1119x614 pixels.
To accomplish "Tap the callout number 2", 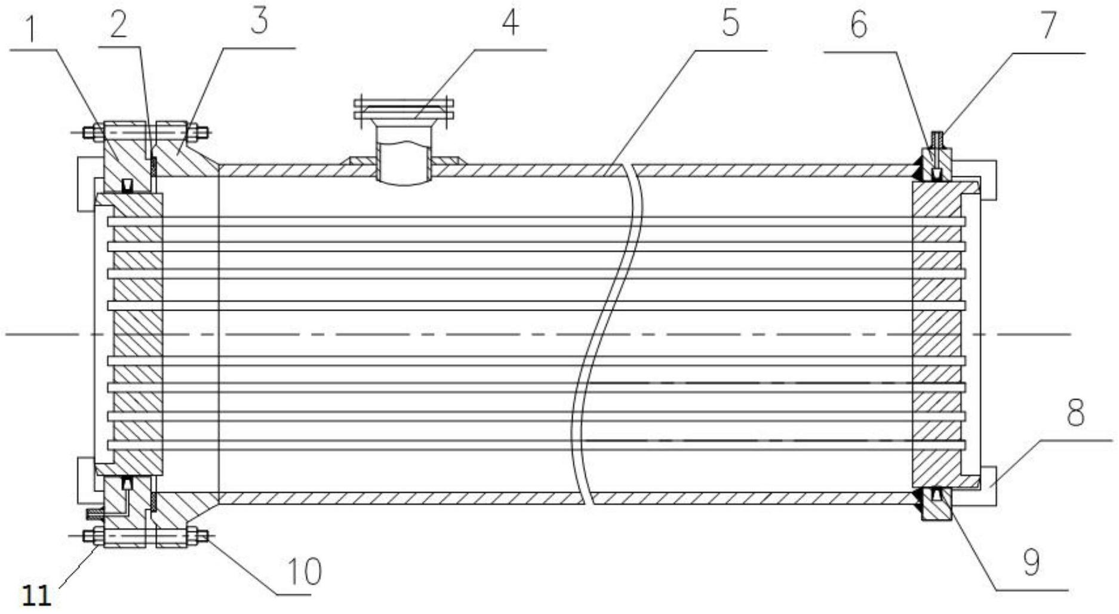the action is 118,26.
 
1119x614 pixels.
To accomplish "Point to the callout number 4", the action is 509,23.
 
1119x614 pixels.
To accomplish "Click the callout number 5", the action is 730,23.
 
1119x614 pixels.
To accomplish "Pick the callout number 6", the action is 858,26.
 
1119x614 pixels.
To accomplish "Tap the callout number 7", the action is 1049,26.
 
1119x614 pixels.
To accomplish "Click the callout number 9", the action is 1031,562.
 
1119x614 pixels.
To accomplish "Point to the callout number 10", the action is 305,571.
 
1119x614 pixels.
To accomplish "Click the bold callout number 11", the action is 36,595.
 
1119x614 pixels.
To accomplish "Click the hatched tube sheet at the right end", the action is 936,334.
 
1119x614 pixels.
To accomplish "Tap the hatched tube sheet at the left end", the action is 137,334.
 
